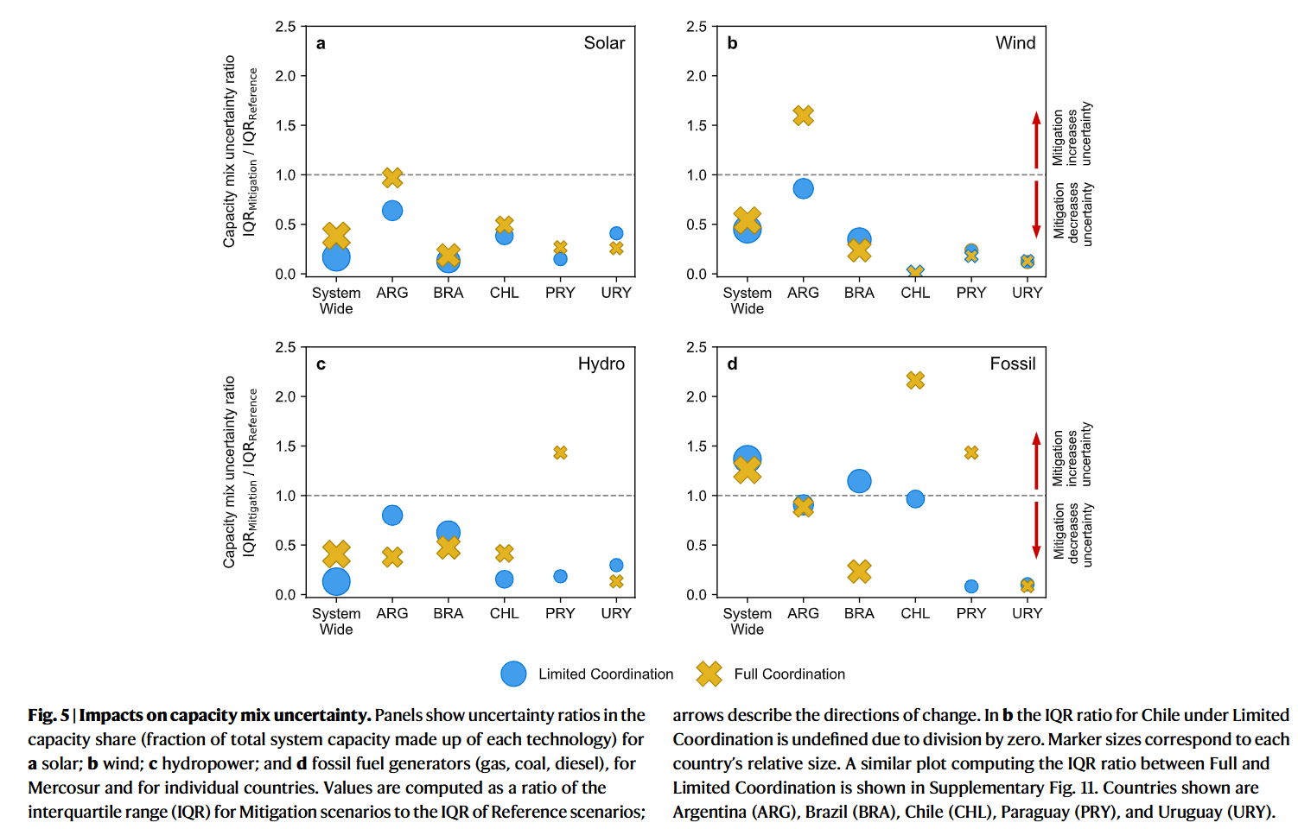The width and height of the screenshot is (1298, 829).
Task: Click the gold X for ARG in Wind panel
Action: [803, 116]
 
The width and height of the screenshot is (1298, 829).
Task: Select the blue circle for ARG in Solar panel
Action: [392, 211]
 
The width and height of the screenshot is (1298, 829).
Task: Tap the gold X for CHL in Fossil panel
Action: [915, 380]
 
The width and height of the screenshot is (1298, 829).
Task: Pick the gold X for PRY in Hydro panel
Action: [560, 452]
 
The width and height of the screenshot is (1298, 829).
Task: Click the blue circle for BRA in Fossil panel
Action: [859, 481]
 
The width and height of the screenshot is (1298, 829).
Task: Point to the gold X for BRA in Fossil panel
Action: [859, 571]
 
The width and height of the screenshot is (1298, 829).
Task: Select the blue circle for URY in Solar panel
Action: [616, 233]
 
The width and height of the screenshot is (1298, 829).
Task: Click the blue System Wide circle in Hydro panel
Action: [336, 582]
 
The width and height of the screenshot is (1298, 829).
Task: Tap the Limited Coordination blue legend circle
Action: [513, 674]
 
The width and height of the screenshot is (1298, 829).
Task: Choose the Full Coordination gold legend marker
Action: [709, 674]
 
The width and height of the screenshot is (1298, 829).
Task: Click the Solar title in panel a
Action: [604, 43]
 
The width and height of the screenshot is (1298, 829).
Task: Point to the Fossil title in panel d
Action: [1013, 364]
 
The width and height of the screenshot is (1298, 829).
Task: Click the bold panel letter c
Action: [321, 364]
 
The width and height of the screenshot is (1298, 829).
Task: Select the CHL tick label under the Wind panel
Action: [915, 293]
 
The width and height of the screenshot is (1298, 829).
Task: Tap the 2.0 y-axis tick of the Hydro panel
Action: [285, 396]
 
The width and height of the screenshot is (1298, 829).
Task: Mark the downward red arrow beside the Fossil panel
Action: [1036, 530]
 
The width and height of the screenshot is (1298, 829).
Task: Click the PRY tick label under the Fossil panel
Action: [971, 613]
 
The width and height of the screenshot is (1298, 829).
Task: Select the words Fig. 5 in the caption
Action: [48, 715]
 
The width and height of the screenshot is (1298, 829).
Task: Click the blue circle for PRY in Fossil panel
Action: [971, 586]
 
